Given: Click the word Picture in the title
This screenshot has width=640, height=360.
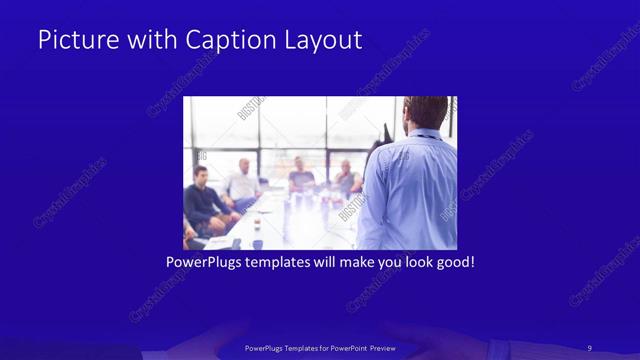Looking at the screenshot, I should [x=73, y=40].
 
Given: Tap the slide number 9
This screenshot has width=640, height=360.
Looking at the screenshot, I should [x=591, y=347].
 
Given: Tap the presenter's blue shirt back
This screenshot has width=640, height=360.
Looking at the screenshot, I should [x=410, y=190].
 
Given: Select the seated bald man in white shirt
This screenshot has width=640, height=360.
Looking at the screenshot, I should [x=242, y=181].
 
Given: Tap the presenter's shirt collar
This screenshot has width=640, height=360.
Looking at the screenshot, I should [x=425, y=134].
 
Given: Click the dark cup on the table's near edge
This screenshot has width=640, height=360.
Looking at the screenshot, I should [x=257, y=243].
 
